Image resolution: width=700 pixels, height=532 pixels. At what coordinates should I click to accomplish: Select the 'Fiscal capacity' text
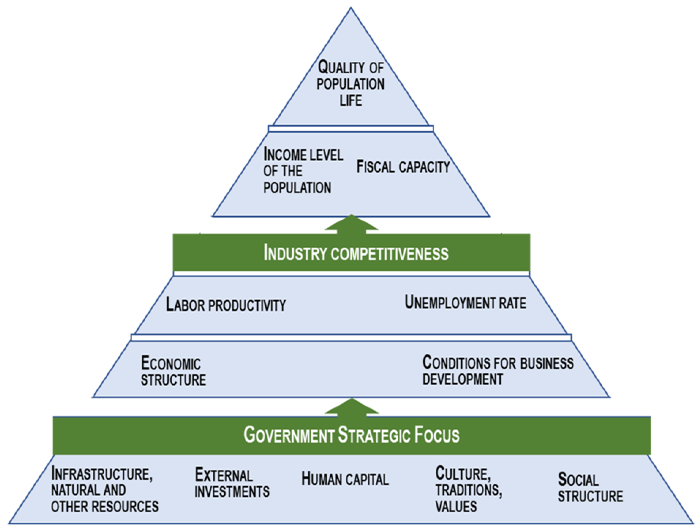tap(403, 167)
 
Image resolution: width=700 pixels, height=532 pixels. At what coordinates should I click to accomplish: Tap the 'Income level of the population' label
tap(303, 171)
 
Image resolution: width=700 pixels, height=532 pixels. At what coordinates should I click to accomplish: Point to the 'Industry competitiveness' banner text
tap(356, 253)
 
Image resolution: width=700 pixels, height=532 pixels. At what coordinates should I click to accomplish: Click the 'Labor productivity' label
tap(226, 305)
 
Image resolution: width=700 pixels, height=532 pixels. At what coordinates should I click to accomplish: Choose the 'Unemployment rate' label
tap(465, 302)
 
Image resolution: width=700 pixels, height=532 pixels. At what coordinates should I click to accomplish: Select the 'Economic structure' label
tap(173, 371)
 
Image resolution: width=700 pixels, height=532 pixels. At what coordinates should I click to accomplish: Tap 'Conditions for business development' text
tap(498, 370)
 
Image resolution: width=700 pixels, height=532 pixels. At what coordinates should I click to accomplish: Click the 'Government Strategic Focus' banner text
tap(351, 435)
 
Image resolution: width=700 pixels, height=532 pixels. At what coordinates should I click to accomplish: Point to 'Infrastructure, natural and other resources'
tap(105, 490)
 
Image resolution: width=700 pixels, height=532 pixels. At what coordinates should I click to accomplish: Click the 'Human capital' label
tap(345, 479)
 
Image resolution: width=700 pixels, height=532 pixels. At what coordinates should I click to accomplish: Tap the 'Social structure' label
tap(590, 488)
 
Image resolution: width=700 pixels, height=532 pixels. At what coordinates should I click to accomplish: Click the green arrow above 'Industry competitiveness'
tap(351, 224)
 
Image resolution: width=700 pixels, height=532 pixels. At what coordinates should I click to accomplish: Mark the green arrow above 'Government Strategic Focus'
tap(352, 408)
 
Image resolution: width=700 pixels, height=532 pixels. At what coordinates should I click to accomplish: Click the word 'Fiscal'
tap(375, 167)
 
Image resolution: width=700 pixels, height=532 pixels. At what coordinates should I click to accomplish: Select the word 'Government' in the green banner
tap(289, 435)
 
